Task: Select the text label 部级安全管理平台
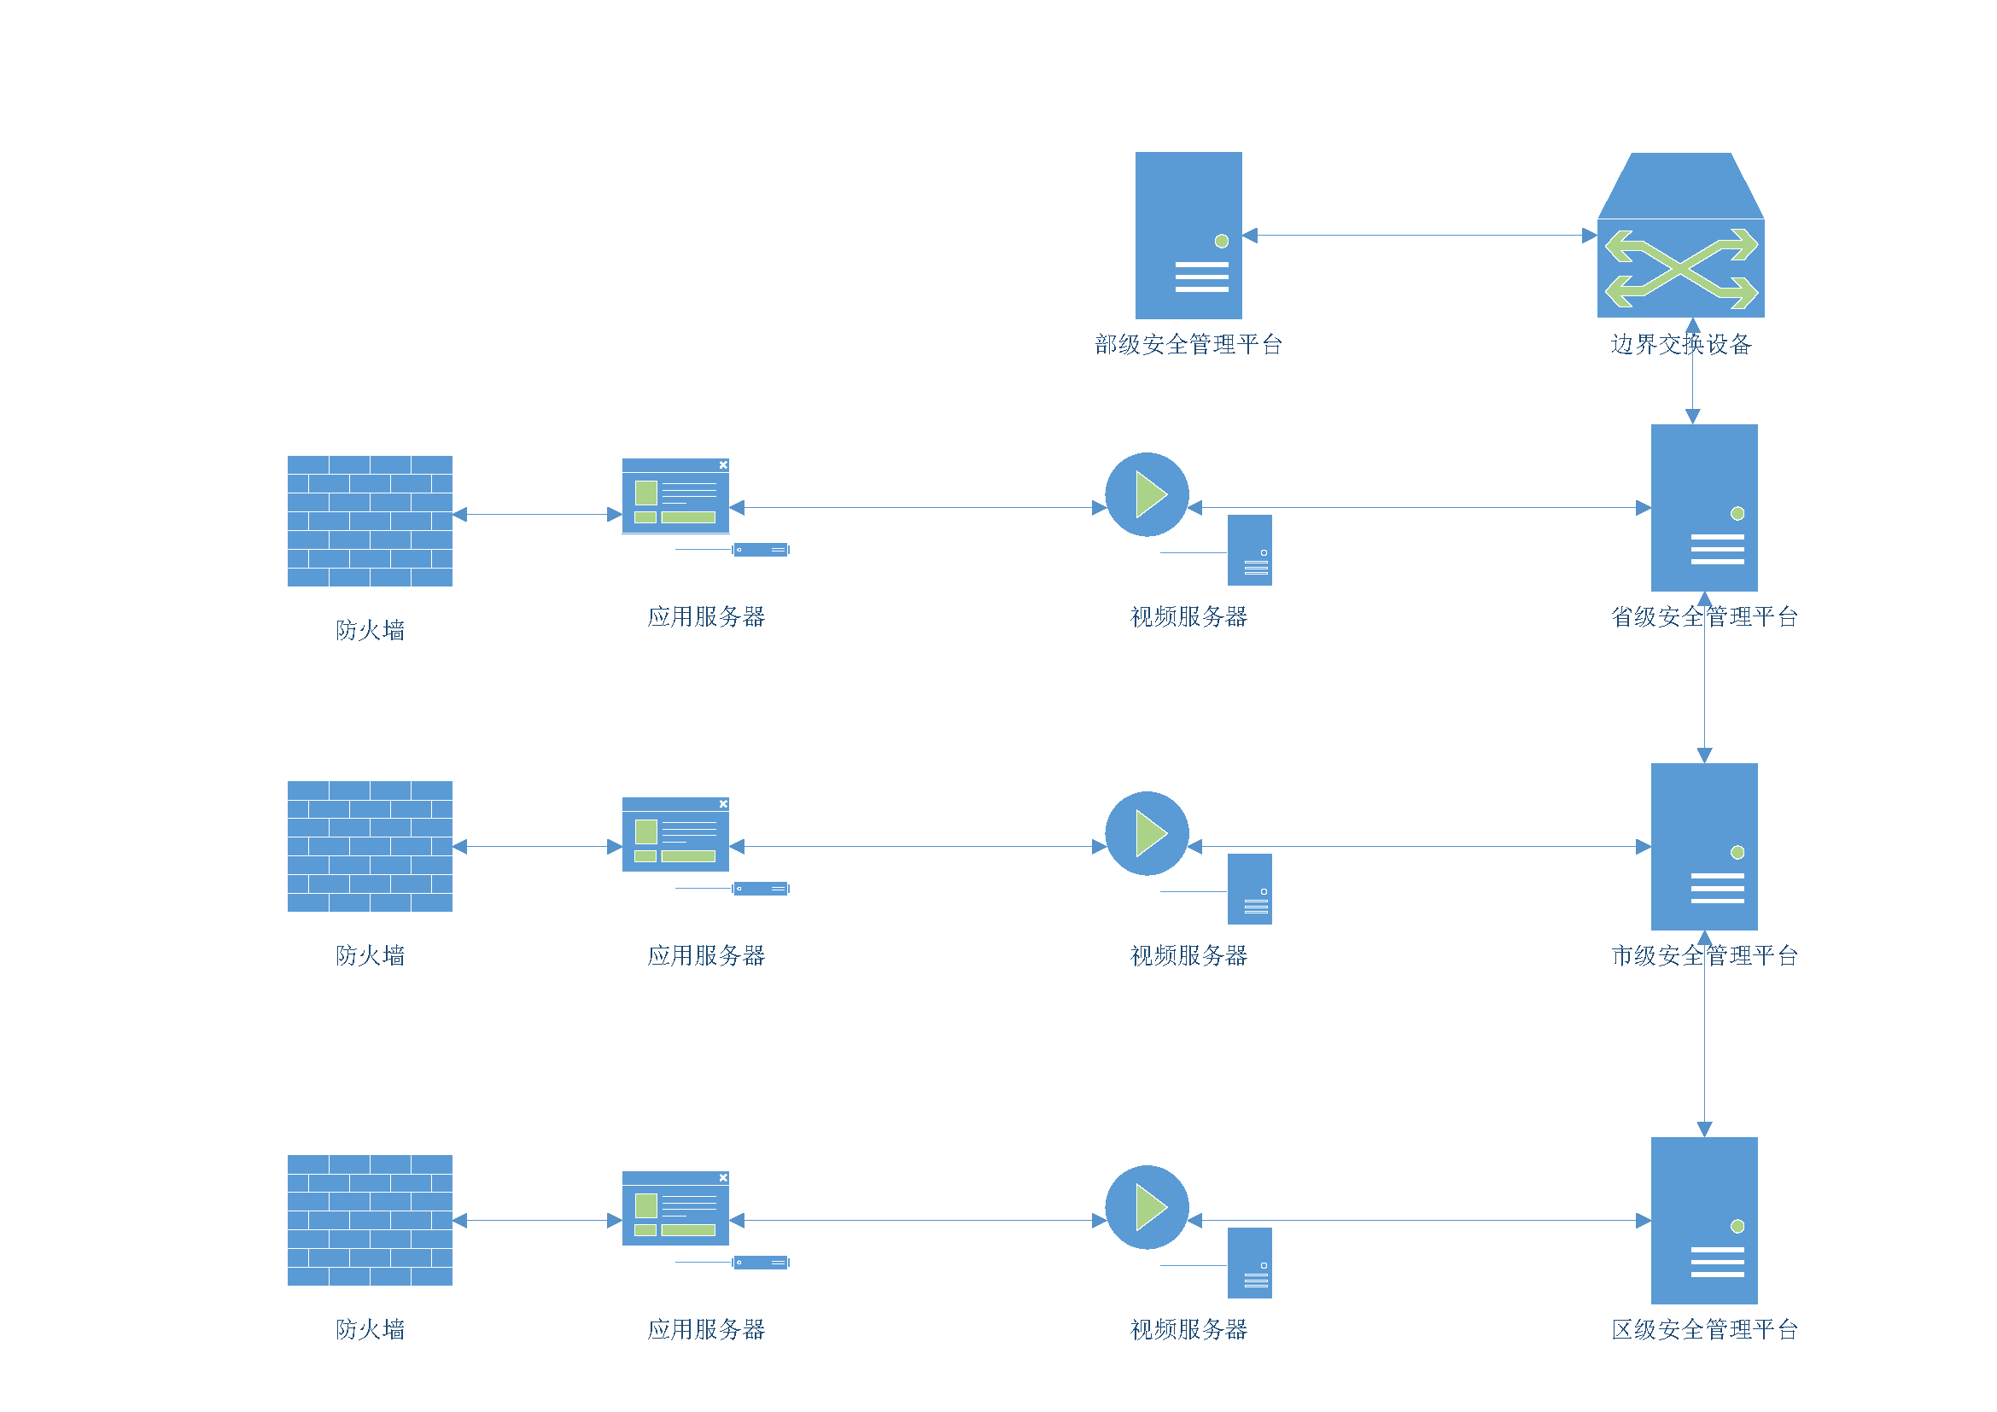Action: click(1188, 344)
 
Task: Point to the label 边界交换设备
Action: click(1680, 344)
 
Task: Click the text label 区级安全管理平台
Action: click(1704, 1329)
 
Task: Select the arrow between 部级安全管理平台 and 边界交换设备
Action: click(1420, 235)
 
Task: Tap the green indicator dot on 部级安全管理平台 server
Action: click(1221, 241)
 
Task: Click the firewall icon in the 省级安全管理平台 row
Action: click(370, 521)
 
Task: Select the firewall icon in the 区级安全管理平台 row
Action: click(370, 1220)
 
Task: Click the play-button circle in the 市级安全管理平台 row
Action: click(1147, 833)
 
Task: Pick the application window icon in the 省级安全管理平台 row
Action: click(675, 496)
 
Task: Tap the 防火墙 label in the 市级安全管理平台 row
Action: click(370, 955)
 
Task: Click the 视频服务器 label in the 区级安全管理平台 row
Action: click(1188, 1329)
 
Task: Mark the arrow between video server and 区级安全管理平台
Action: click(1420, 1220)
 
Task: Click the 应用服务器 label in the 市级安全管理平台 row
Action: click(705, 955)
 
